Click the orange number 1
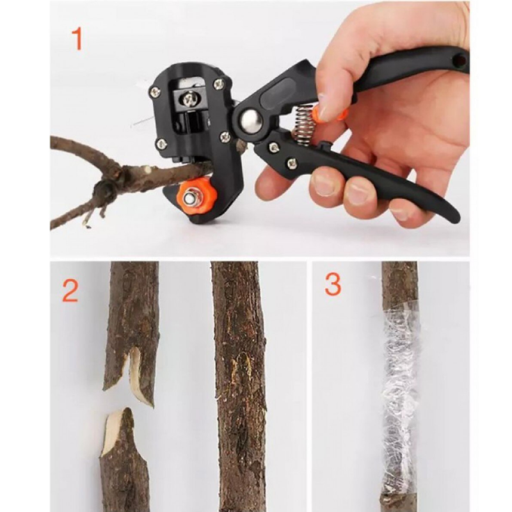pyautogui.click(x=77, y=39)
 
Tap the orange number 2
pyautogui.click(x=70, y=291)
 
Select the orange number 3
pyautogui.click(x=333, y=284)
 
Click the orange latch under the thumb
pyautogui.click(x=330, y=115)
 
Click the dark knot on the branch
pyautogui.click(x=105, y=189)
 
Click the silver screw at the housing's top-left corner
pyautogui.click(x=154, y=92)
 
